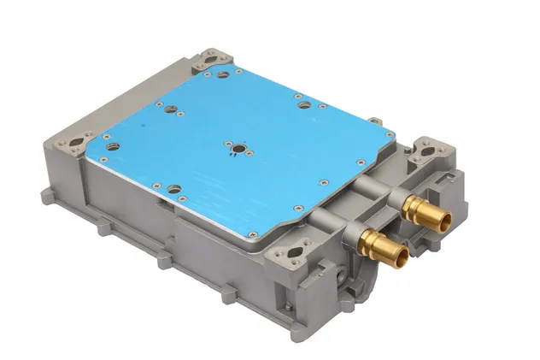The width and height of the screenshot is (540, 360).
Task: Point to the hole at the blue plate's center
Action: click(x=235, y=147)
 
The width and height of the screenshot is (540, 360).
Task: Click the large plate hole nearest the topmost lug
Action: click(x=223, y=76)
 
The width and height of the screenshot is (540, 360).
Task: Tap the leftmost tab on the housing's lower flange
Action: click(x=101, y=228)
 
